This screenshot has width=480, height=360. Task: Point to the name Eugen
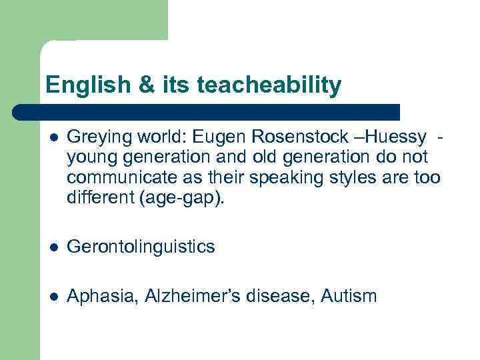pyautogui.click(x=214, y=137)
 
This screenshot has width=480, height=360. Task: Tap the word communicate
pyautogui.click(x=115, y=178)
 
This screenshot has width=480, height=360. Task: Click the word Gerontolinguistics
pyautogui.click(x=141, y=247)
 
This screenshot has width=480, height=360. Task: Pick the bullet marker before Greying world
pyautogui.click(x=53, y=138)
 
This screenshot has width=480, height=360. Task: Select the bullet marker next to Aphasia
pyautogui.click(x=53, y=296)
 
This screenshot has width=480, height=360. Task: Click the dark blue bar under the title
pyautogui.click(x=207, y=111)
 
